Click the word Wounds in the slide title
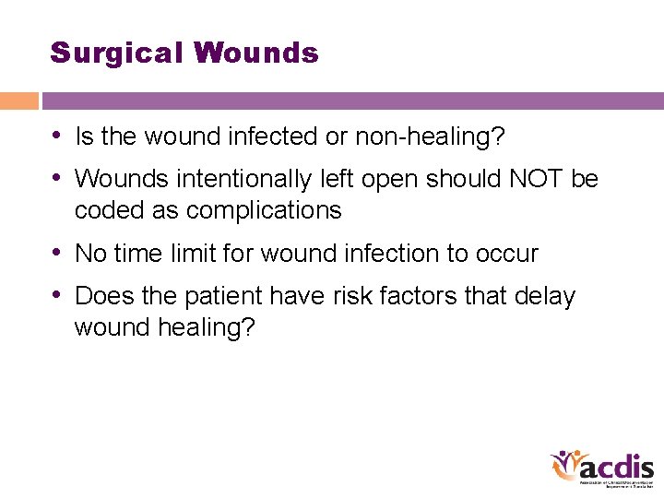click(256, 53)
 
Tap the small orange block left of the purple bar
click(18, 101)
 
